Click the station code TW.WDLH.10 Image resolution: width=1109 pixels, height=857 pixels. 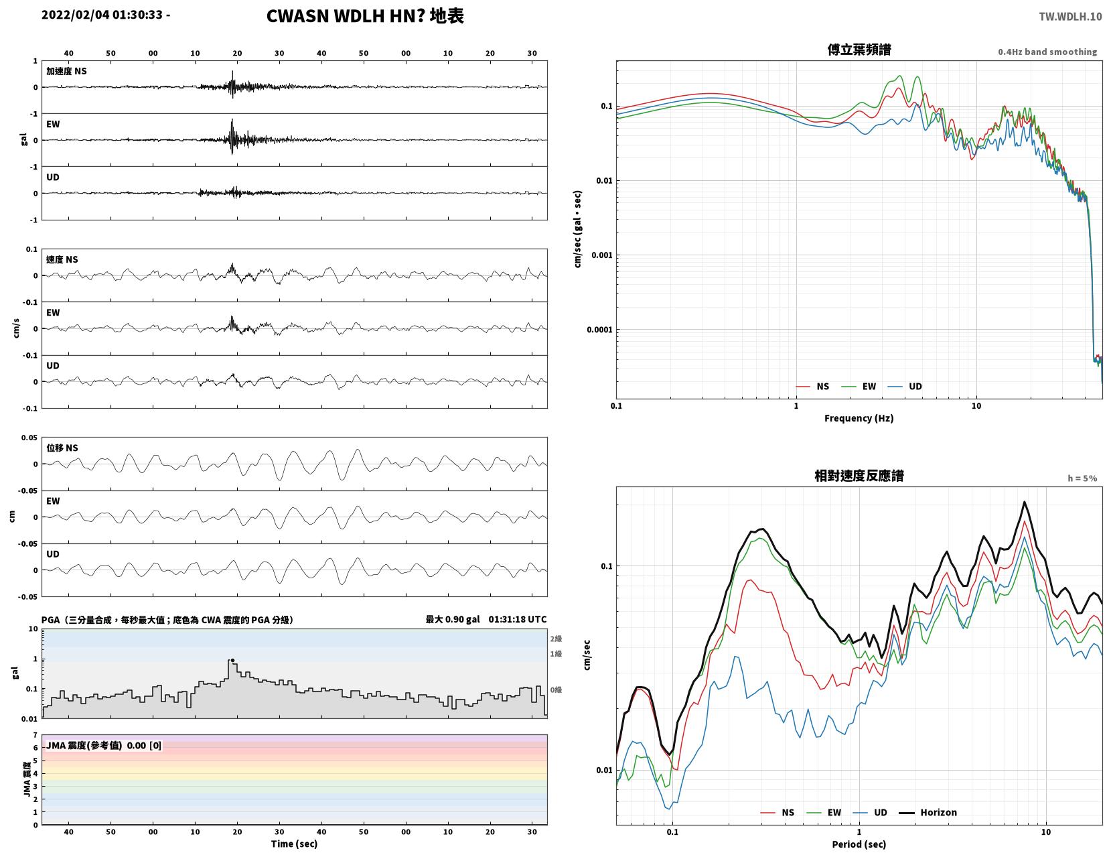[x=1070, y=16]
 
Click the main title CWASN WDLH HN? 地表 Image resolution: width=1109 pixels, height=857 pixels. [x=365, y=16]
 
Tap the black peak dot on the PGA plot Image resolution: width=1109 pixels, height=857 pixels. [x=233, y=661]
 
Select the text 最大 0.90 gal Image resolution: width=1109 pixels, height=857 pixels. [x=453, y=619]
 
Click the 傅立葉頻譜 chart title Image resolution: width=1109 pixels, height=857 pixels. [x=859, y=50]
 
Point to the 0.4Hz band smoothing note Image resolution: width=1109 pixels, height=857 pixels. [x=1047, y=52]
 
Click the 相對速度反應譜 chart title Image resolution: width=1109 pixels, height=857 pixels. [x=859, y=476]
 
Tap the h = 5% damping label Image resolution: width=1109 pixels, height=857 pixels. [x=1082, y=478]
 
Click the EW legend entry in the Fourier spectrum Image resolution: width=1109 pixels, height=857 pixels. [x=859, y=387]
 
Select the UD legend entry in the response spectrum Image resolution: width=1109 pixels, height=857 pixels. [x=870, y=813]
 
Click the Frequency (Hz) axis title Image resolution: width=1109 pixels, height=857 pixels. [x=859, y=418]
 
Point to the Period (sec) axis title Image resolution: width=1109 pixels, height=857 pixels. [x=859, y=844]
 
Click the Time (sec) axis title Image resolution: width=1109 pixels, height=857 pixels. [x=294, y=844]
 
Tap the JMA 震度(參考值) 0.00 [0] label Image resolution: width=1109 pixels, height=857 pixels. [x=104, y=745]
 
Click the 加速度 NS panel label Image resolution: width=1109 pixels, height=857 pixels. [x=66, y=71]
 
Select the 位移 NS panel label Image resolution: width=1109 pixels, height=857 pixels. [x=62, y=448]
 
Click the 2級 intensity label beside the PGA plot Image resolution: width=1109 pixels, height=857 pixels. [x=556, y=639]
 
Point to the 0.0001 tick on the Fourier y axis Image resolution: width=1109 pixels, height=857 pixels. [x=599, y=330]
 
